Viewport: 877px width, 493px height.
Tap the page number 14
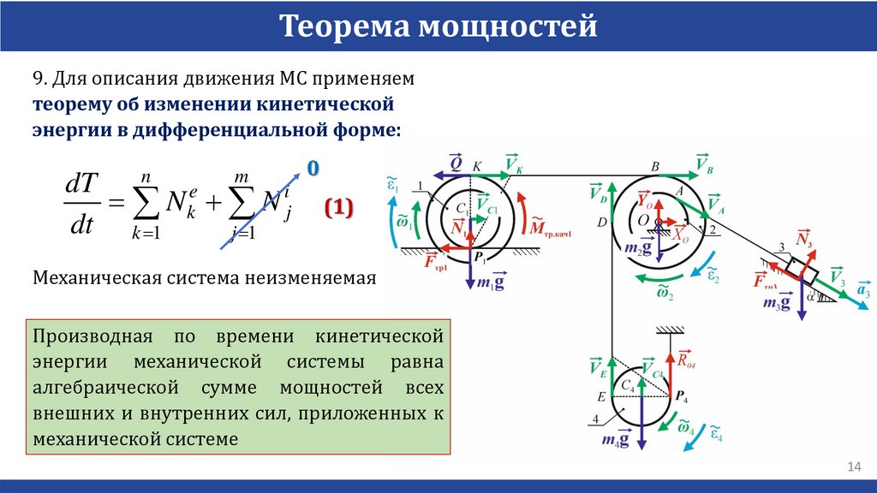[x=853, y=466]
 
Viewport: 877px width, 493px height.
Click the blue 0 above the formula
[x=313, y=169]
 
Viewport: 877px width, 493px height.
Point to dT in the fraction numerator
[x=82, y=185]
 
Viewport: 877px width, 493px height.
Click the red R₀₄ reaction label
[x=686, y=359]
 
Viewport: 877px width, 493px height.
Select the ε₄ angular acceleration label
[x=714, y=435]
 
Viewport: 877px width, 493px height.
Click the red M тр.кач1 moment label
[x=548, y=227]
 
